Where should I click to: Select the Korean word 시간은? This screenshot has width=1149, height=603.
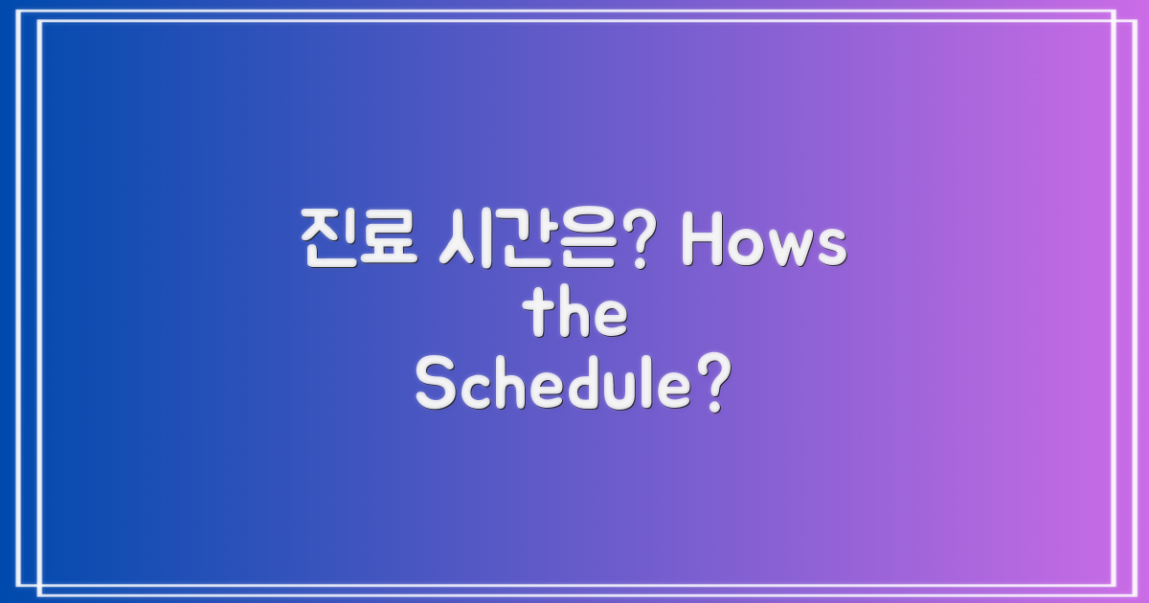tap(537, 238)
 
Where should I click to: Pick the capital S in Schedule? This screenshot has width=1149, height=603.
tap(435, 388)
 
